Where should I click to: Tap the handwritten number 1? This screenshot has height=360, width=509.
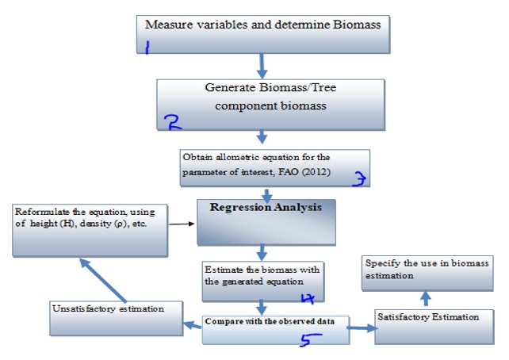[147, 48]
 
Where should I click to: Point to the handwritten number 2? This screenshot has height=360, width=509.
[172, 121]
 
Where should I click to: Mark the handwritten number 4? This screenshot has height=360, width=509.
[308, 298]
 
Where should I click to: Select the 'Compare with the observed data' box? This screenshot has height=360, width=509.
[275, 329]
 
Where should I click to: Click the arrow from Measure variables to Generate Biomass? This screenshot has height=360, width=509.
[262, 62]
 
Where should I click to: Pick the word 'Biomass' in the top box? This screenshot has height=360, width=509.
[352, 25]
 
